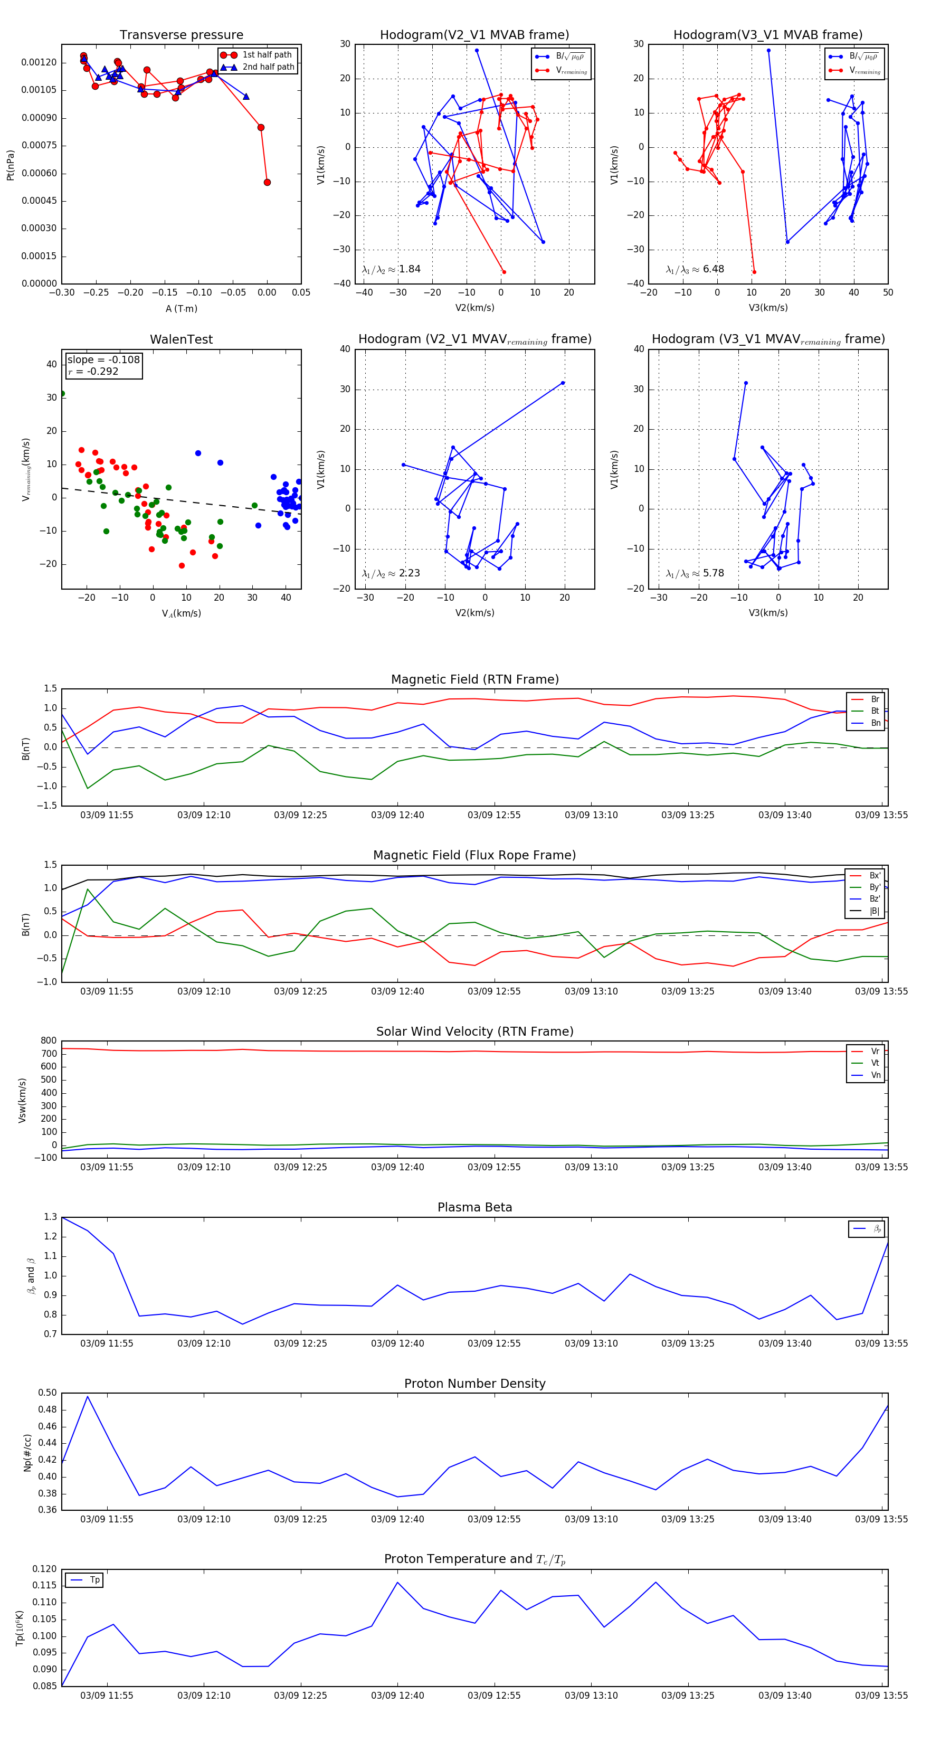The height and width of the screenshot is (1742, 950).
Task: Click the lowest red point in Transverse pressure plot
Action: click(267, 182)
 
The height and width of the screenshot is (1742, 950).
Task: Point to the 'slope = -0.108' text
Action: click(103, 360)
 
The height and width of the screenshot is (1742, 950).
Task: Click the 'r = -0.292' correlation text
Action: click(93, 371)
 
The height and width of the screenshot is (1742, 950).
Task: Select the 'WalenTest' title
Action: click(181, 339)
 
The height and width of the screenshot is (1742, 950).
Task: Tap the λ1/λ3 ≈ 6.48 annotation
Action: click(695, 269)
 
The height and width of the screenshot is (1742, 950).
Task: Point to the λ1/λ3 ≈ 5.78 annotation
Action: click(695, 573)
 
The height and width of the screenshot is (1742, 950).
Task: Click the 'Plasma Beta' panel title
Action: click(474, 1208)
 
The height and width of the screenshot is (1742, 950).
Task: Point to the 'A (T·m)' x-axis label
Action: click(181, 308)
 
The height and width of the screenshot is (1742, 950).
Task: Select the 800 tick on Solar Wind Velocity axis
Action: click(49, 1041)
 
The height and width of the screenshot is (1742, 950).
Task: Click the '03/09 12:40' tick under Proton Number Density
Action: click(397, 1519)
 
